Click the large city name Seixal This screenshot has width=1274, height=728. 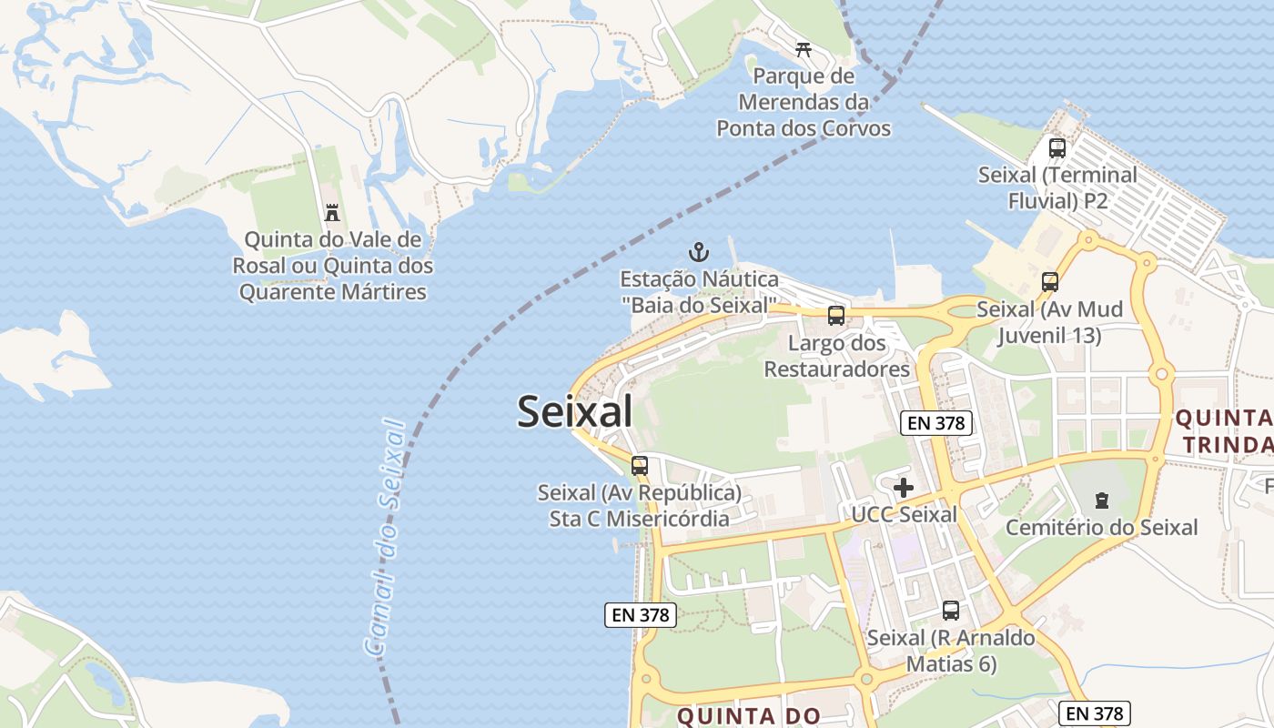[575, 412]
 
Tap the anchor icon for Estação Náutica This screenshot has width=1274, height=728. [698, 252]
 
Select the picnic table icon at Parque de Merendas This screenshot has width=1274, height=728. [803, 49]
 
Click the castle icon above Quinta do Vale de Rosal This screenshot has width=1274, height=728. [332, 213]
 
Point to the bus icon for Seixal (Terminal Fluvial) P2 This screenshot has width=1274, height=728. [1057, 148]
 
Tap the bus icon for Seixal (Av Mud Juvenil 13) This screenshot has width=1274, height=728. [1050, 282]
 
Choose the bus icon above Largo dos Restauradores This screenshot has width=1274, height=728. [835, 316]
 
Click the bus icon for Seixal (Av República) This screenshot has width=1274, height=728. [640, 466]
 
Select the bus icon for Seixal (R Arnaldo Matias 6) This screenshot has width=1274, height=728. [951, 611]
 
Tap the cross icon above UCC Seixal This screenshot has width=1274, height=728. [903, 488]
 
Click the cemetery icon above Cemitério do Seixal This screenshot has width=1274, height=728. [1102, 500]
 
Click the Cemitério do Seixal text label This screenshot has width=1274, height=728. [1101, 527]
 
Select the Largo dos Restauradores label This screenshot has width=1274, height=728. [836, 356]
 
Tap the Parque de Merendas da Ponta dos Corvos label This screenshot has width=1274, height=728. [804, 102]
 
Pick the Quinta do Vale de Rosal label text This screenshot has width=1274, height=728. [333, 266]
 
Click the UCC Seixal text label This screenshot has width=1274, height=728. [904, 515]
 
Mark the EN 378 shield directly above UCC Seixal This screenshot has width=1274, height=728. [936, 422]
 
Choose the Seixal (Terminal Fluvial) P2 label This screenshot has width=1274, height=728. [1057, 187]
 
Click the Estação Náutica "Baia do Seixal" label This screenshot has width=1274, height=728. [699, 291]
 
